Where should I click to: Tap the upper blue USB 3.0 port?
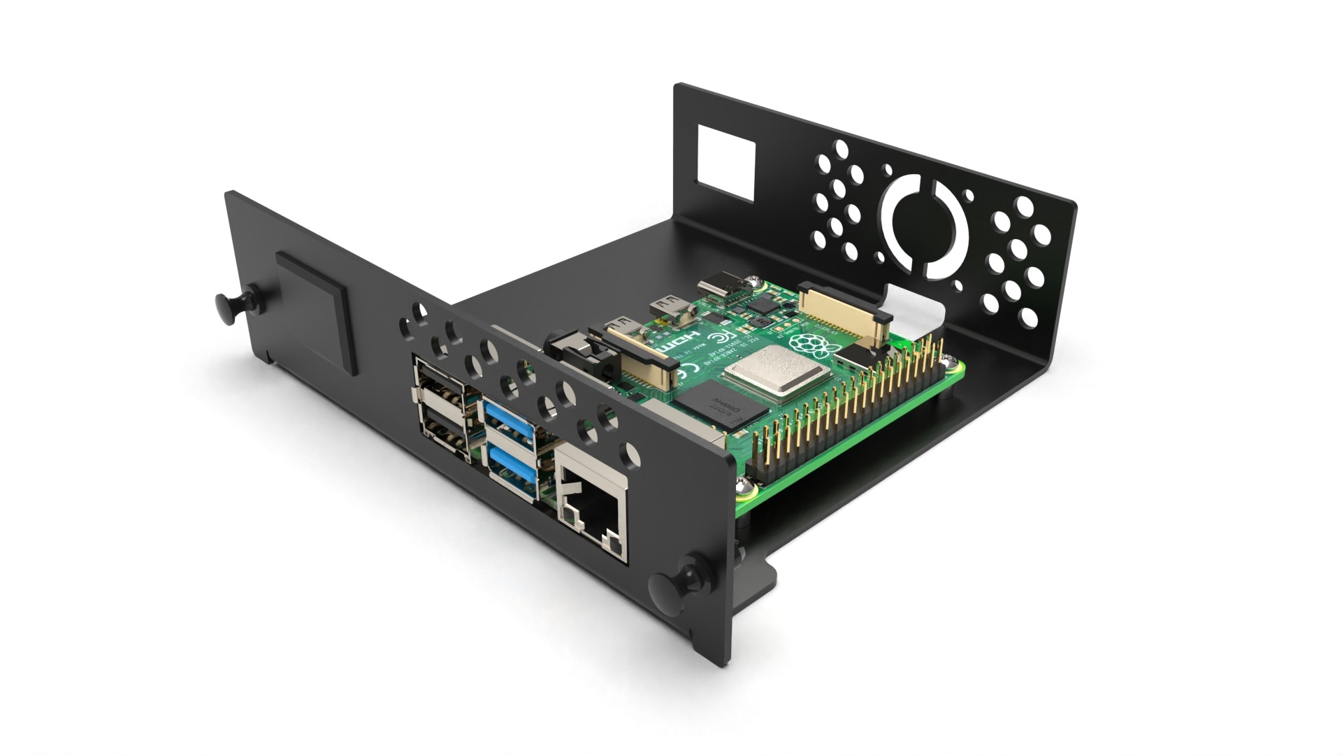pyautogui.click(x=510, y=422)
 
